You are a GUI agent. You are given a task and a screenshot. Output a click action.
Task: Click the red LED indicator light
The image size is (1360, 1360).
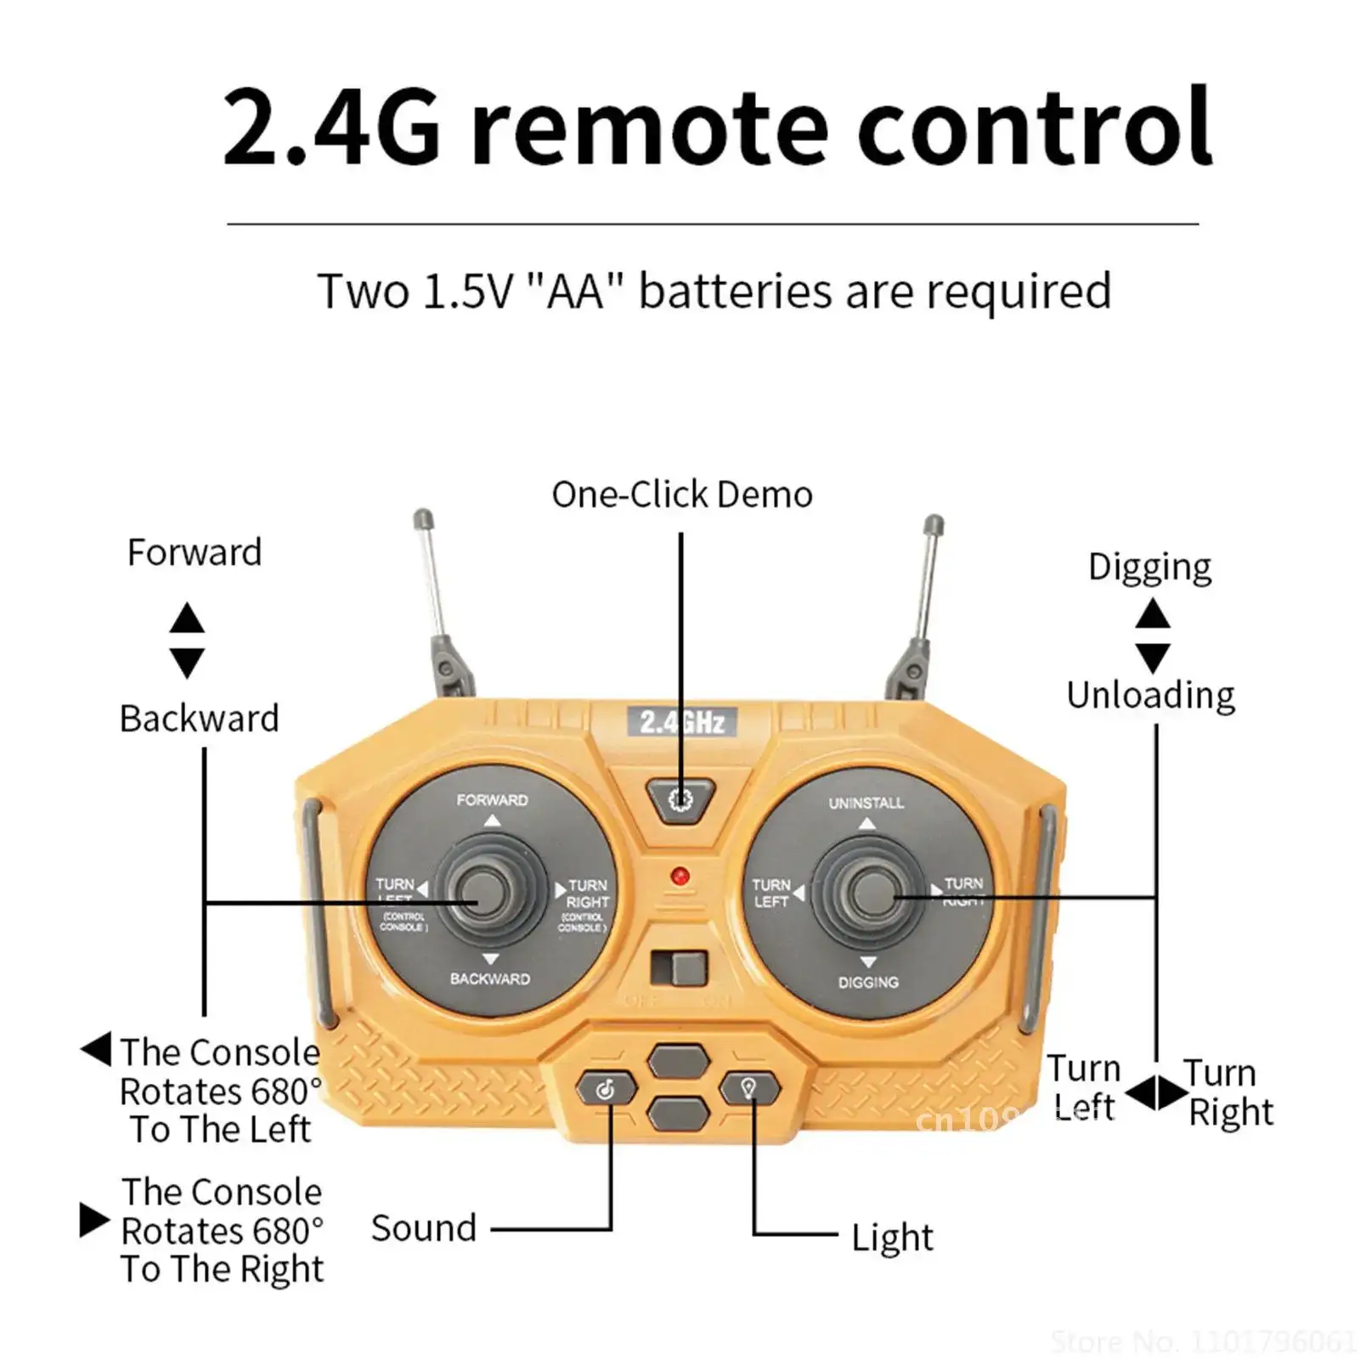click(680, 876)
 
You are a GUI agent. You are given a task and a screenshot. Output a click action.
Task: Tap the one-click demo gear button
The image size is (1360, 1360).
click(680, 799)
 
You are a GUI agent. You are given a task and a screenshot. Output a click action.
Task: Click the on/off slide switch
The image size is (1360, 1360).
click(679, 969)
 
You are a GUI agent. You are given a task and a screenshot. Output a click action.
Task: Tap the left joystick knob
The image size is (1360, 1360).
click(481, 892)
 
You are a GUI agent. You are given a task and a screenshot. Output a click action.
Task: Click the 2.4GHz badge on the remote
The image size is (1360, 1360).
click(681, 722)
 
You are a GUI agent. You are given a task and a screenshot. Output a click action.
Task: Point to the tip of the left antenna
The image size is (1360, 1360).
click(422, 517)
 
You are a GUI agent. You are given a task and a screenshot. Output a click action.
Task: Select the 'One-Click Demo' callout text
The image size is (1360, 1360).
click(681, 494)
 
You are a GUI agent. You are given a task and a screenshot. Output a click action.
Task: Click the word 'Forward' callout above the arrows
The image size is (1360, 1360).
click(195, 552)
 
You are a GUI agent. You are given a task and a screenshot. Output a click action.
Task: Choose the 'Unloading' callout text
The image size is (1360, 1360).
click(1150, 695)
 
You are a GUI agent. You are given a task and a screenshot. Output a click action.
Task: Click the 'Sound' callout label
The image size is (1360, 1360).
click(424, 1228)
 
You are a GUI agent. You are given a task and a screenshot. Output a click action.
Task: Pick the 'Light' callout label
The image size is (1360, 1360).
click(892, 1238)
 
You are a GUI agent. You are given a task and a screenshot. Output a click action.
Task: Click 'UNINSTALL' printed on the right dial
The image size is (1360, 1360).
click(866, 803)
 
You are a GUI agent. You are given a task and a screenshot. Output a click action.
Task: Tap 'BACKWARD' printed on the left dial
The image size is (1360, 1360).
click(490, 979)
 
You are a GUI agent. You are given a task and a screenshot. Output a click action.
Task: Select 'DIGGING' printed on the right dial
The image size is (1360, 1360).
click(867, 982)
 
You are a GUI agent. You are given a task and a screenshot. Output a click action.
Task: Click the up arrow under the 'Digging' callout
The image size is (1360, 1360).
click(1153, 613)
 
